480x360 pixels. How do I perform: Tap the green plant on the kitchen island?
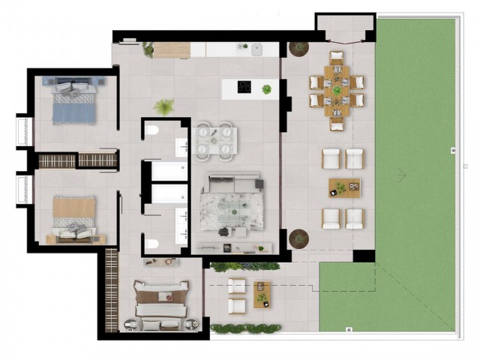(x=266, y=89)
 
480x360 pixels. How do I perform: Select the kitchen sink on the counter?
(x=255, y=50)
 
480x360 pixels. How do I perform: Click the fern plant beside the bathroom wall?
(x=164, y=106)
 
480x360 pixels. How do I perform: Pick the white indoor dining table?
(x=215, y=140)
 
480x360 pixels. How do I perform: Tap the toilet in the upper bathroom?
(x=153, y=133)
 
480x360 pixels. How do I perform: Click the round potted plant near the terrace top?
(x=298, y=48)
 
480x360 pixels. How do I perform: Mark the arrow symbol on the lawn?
(x=402, y=175)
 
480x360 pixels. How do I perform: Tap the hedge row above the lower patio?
(x=245, y=266)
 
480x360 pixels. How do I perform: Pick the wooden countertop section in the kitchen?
(x=172, y=50)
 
